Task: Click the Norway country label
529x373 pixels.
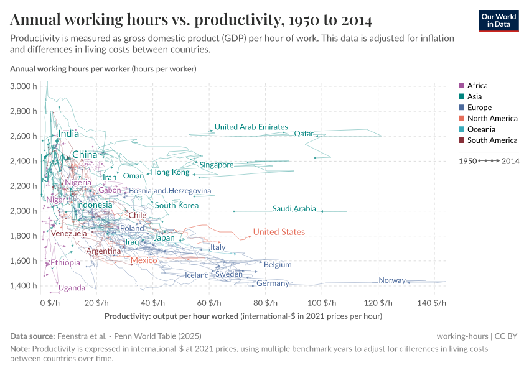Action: [392, 280]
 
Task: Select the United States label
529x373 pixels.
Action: [279, 232]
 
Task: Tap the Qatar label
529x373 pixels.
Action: [303, 134]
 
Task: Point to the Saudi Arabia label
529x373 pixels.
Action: [294, 209]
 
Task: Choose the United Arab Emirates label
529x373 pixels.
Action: [251, 127]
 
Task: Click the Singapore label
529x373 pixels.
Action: [216, 165]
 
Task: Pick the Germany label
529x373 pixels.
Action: [273, 283]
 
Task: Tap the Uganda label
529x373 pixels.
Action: [72, 288]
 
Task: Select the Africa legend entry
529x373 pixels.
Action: [477, 86]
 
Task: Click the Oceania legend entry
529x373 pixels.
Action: [481, 129]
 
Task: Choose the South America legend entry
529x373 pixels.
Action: [492, 140]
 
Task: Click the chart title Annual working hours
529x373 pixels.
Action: [191, 21]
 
